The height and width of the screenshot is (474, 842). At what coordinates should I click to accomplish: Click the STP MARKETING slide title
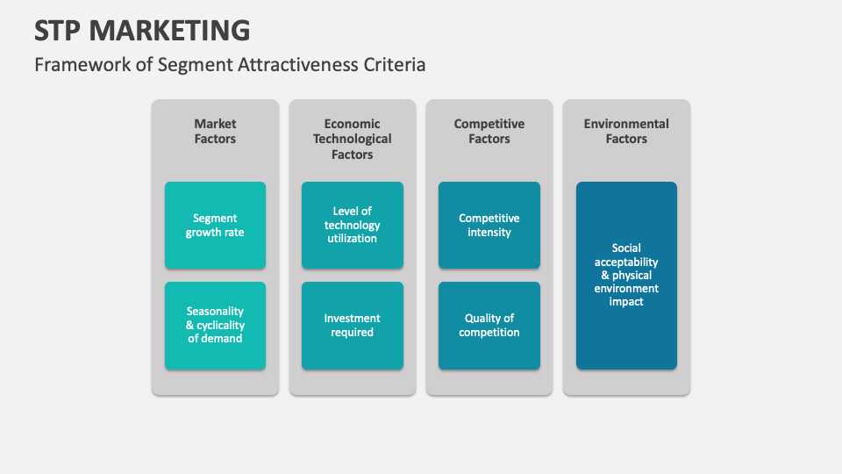(x=142, y=30)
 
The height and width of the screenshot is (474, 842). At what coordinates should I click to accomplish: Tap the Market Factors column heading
(x=215, y=132)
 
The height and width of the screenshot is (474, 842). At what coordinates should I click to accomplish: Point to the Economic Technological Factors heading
(x=352, y=139)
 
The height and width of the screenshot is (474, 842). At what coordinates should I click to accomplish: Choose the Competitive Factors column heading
(x=489, y=132)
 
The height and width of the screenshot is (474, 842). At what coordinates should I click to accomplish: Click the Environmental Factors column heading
(x=626, y=132)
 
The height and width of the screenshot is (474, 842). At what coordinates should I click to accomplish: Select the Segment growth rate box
(x=215, y=225)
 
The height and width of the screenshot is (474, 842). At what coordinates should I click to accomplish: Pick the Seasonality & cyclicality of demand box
(x=215, y=325)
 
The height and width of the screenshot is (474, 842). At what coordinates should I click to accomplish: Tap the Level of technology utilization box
(x=352, y=225)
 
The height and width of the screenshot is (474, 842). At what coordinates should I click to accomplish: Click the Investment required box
(x=352, y=325)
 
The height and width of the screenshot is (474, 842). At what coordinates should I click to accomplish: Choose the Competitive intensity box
(x=489, y=225)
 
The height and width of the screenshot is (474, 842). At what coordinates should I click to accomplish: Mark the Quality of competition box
(x=489, y=325)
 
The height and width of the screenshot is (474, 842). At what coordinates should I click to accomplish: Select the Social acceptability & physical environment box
(x=626, y=275)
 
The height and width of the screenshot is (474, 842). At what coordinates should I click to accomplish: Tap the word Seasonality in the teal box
(x=215, y=312)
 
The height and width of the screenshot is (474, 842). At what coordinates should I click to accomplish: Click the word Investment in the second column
(x=352, y=319)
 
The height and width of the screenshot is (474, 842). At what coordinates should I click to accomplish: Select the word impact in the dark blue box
(x=626, y=302)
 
